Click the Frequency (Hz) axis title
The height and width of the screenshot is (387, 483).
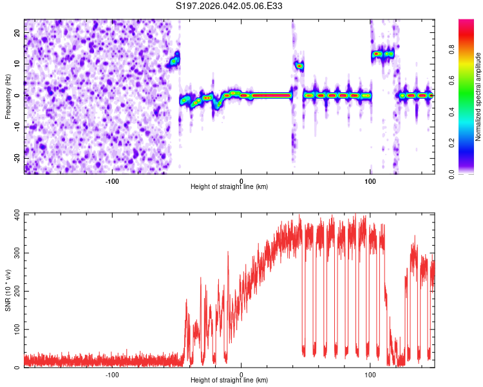(x=8, y=95)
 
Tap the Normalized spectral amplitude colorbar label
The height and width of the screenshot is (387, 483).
(x=478, y=96)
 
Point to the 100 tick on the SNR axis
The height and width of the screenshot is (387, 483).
(x=14, y=330)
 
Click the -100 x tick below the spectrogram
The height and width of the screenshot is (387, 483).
(x=112, y=180)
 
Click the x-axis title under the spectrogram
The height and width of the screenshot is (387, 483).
(x=230, y=187)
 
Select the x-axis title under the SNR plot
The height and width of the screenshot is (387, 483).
(x=230, y=381)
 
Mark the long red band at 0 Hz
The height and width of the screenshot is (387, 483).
(x=271, y=95)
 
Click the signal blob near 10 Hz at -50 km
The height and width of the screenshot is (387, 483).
(x=174, y=61)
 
